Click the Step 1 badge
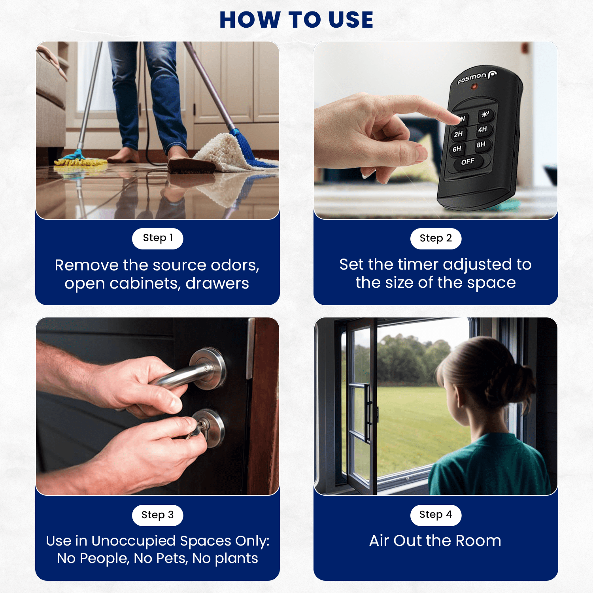click(x=157, y=238)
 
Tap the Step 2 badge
click(x=436, y=238)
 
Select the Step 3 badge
click(x=157, y=515)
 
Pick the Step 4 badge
click(x=436, y=515)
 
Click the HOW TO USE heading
click(x=296, y=20)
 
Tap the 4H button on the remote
click(x=483, y=129)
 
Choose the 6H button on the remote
click(x=457, y=149)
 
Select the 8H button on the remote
click(x=481, y=145)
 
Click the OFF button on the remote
click(x=468, y=162)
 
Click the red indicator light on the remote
click(x=474, y=87)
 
